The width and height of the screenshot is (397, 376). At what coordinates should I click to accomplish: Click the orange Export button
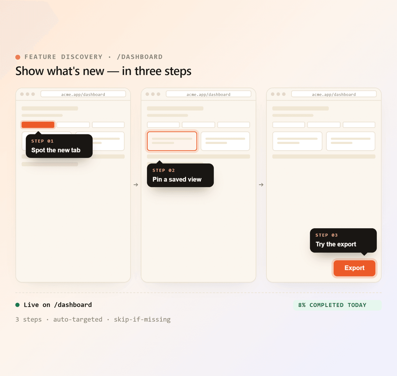tap(355, 268)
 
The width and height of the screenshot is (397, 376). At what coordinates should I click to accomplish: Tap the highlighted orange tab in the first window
tap(38, 125)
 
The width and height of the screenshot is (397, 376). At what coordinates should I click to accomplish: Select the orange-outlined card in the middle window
tap(172, 141)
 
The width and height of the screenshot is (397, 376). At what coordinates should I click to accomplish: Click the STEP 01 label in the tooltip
tap(42, 141)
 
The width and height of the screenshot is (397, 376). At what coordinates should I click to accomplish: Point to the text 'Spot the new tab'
tap(56, 150)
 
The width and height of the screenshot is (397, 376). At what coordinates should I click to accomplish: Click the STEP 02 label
tap(163, 170)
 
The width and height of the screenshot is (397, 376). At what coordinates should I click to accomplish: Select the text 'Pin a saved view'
tap(177, 179)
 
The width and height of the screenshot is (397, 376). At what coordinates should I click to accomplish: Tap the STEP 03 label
tap(327, 235)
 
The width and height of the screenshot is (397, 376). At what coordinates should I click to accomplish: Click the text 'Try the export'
tap(336, 244)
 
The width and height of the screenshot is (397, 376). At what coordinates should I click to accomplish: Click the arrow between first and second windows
tap(136, 185)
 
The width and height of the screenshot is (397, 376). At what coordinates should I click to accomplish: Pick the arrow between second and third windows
tap(261, 185)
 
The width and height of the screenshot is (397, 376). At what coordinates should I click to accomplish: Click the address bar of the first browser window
tap(83, 94)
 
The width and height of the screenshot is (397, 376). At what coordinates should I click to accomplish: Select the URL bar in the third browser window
tap(334, 94)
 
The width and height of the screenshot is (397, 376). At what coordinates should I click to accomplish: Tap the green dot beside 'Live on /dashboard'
tap(18, 305)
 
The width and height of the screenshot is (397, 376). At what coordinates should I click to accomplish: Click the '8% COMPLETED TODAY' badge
tap(337, 305)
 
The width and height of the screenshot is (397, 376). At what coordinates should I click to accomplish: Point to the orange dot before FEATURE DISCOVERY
tap(18, 57)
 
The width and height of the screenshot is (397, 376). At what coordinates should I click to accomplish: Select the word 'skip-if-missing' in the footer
tap(142, 320)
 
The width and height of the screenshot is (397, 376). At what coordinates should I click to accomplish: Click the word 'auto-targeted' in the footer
tap(78, 320)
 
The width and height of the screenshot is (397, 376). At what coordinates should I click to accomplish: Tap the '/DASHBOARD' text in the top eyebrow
tap(140, 57)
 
